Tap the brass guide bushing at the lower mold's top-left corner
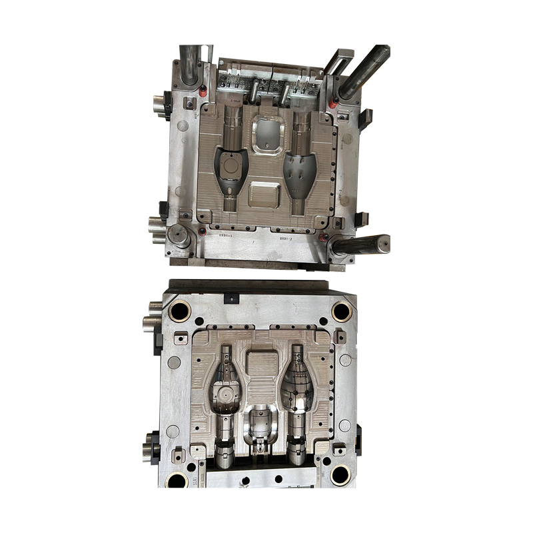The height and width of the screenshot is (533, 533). click(180, 310)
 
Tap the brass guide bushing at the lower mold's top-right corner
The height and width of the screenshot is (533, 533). click(342, 310)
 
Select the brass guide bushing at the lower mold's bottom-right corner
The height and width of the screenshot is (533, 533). click(340, 474)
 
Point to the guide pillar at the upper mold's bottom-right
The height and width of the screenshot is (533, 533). click(360, 244)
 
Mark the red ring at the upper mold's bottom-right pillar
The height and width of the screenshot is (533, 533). click(324, 238)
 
